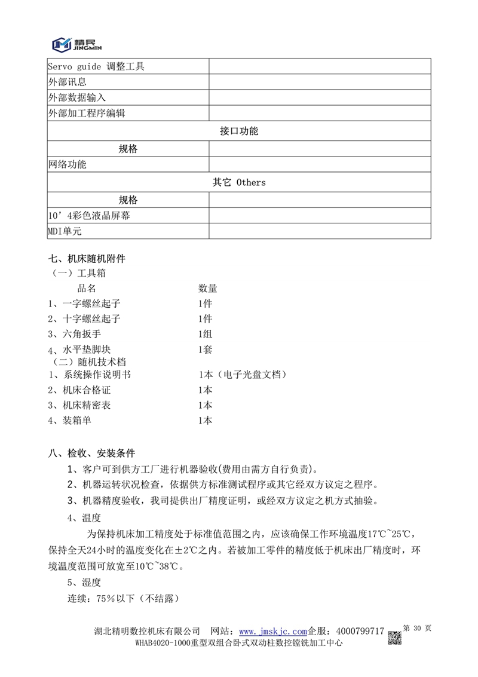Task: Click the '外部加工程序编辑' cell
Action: pyautogui.click(x=86, y=113)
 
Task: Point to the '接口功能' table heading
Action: pyautogui.click(x=238, y=131)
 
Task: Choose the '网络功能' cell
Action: pyautogui.click(x=67, y=164)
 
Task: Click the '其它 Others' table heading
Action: pyautogui.click(x=238, y=182)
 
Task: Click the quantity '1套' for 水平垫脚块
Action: pyautogui.click(x=205, y=350)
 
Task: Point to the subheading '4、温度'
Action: pyautogui.click(x=84, y=517)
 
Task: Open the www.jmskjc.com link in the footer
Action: pyautogui.click(x=272, y=631)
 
